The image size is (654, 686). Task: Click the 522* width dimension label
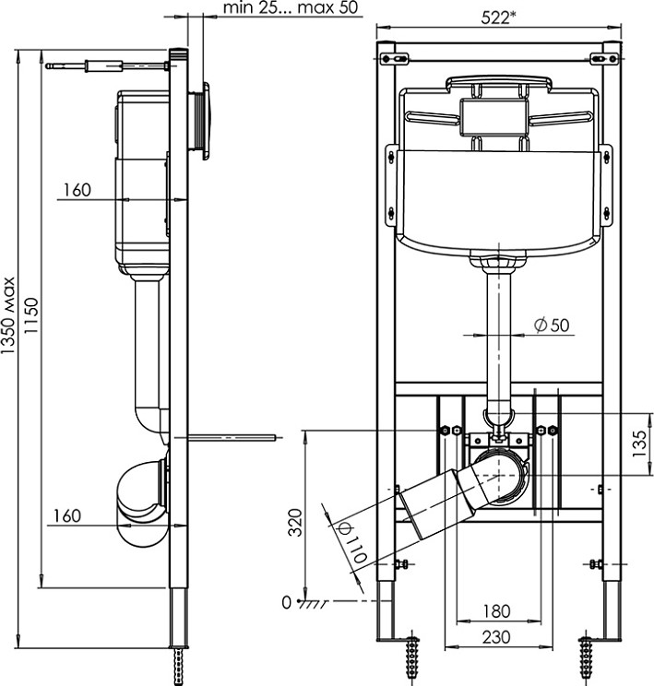pos(498,18)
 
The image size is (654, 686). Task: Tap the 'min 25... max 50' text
pos(291,7)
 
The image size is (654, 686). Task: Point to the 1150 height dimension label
pos(31,315)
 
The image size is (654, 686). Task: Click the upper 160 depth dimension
pos(77,190)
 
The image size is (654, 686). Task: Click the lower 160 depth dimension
pos(67,515)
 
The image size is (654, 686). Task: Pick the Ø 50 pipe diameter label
pos(553,325)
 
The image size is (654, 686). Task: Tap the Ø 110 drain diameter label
pos(351,542)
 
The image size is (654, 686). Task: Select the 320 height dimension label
pos(297,523)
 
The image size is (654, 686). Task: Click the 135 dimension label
pos(639,444)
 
